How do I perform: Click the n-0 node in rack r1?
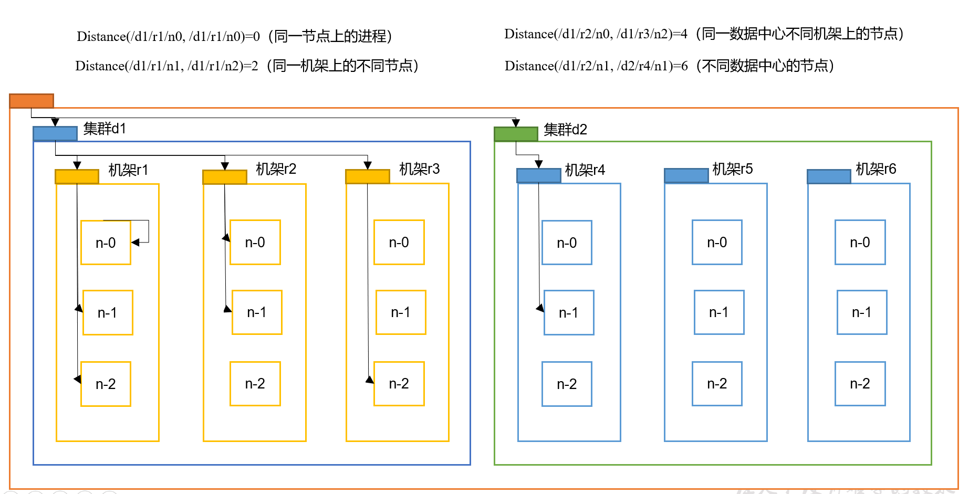106,243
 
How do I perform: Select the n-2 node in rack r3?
399,384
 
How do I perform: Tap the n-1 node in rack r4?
569,313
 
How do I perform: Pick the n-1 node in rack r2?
257,312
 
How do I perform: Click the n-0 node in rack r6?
860,243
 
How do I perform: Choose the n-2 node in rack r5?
717,384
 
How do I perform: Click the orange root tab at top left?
32,101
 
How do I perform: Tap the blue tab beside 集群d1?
55,133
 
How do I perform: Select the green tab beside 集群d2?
516,134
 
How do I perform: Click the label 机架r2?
276,169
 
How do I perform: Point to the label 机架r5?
732,169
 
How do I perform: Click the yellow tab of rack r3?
367,177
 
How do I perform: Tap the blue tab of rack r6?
829,177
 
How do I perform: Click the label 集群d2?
565,130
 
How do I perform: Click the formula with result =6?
596,66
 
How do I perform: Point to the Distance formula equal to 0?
168,37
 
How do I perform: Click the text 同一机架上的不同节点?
342,66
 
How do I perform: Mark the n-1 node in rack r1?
108,313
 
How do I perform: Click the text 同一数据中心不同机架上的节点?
799,34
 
